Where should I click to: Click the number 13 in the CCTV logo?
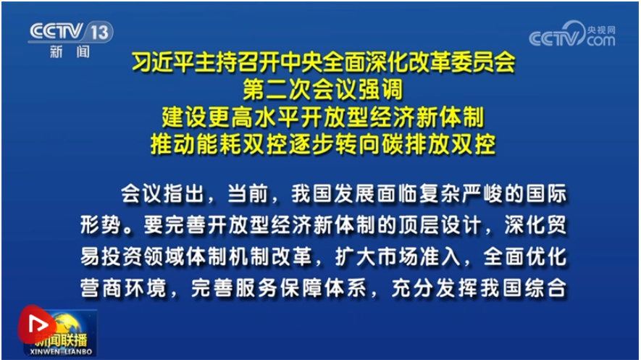pyautogui.click(x=99, y=32)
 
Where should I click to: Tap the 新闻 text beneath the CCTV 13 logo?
pyautogui.click(x=70, y=52)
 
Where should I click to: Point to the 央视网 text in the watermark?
pyautogui.click(x=601, y=30)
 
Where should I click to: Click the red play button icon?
pyautogui.click(x=37, y=325)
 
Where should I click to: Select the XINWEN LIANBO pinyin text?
pyautogui.click(x=61, y=352)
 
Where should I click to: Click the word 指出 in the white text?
pyautogui.click(x=183, y=193)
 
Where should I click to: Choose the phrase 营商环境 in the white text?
pyautogui.click(x=123, y=288)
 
